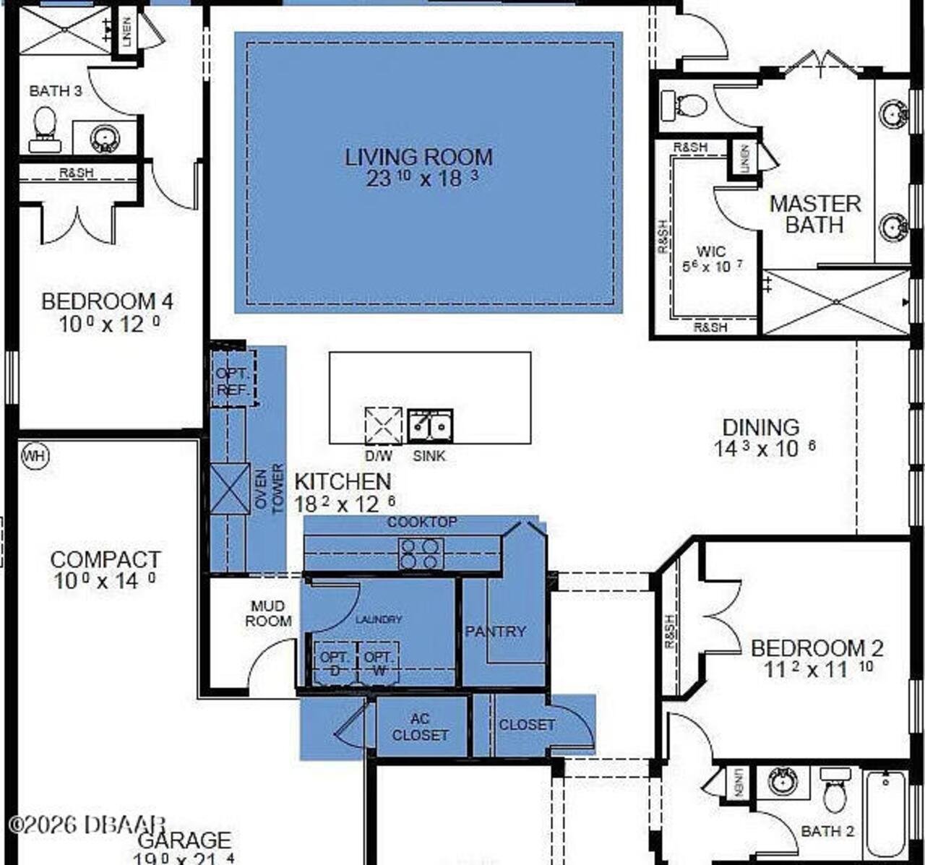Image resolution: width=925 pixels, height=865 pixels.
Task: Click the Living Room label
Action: tap(418, 158)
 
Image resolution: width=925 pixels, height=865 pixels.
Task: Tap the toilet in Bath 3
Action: tap(44, 129)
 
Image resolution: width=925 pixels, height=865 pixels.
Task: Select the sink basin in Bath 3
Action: tap(105, 137)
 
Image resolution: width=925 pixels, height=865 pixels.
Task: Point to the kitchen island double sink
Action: tap(430, 426)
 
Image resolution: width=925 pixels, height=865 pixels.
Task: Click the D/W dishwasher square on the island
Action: tap(383, 426)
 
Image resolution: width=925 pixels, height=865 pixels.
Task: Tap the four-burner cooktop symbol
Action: tap(421, 554)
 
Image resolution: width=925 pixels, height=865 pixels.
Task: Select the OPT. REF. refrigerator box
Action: tap(233, 381)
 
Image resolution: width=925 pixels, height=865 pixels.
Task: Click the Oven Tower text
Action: tap(269, 489)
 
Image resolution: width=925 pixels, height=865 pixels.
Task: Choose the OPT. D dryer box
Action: tap(334, 663)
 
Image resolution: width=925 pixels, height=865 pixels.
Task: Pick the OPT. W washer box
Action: tap(378, 663)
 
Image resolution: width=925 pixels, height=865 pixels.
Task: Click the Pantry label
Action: tap(495, 632)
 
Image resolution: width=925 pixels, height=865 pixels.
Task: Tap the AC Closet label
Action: tap(420, 727)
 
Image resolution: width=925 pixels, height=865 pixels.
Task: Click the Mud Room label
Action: tap(268, 614)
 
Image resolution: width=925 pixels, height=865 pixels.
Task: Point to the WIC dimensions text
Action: tap(712, 267)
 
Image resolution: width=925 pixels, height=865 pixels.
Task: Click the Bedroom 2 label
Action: tap(817, 648)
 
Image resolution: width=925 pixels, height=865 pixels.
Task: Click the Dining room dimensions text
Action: tap(765, 449)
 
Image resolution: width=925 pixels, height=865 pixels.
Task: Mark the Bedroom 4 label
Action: tap(107, 301)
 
